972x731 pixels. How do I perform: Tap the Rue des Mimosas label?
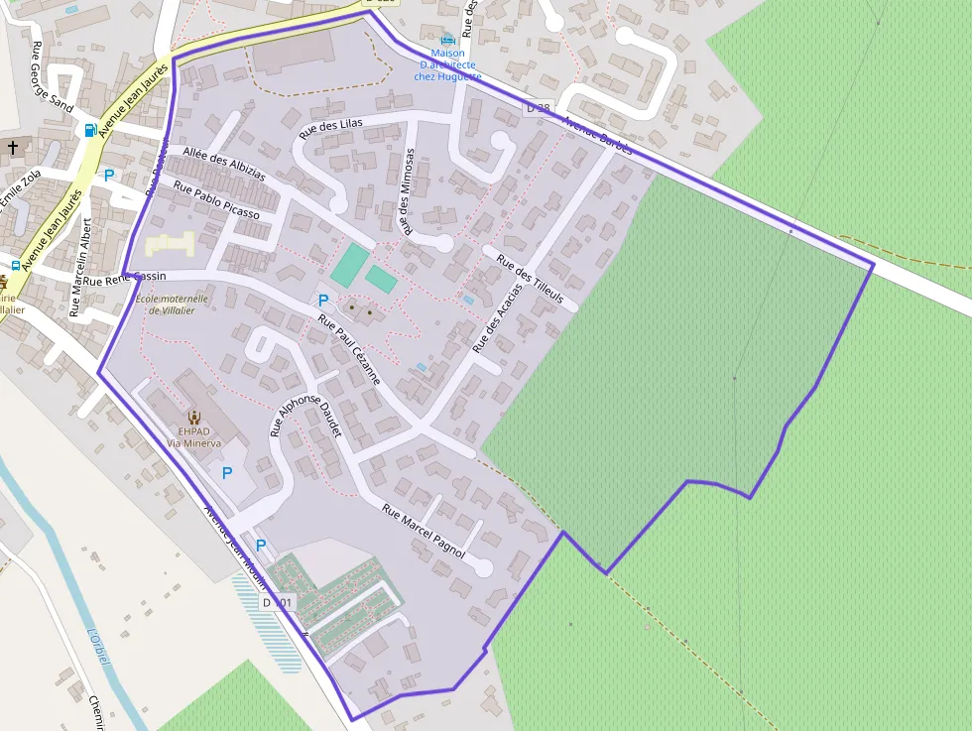pyautogui.click(x=407, y=190)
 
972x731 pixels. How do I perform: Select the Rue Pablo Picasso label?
pyautogui.click(x=216, y=199)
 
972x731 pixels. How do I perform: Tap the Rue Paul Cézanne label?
pyautogui.click(x=349, y=349)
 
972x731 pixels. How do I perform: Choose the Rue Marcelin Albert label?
pyautogui.click(x=80, y=267)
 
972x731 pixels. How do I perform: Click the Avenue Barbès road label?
pyautogui.click(x=597, y=135)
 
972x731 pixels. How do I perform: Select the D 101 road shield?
pyautogui.click(x=279, y=602)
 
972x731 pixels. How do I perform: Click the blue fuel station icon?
pyautogui.click(x=91, y=130)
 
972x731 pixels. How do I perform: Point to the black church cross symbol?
pyautogui.click(x=13, y=148)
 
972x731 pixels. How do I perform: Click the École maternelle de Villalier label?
pyautogui.click(x=172, y=304)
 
